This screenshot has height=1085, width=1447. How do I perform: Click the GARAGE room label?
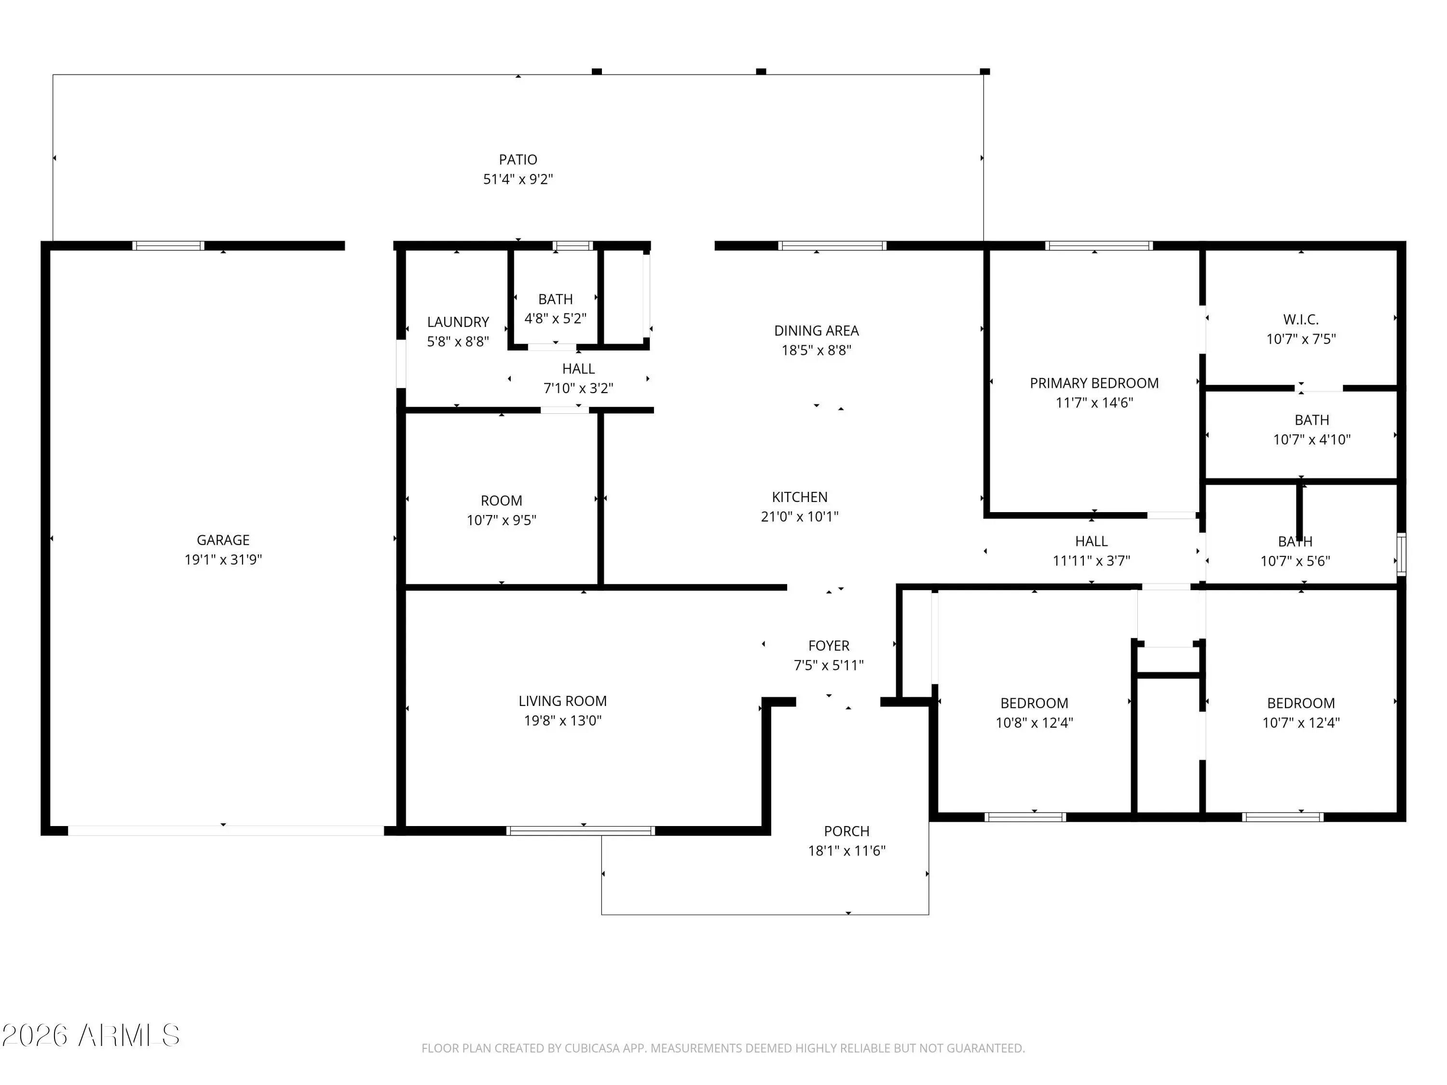point(223,540)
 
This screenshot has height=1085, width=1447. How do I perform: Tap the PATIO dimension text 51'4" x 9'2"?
point(518,179)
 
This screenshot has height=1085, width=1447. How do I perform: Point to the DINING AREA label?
point(817,331)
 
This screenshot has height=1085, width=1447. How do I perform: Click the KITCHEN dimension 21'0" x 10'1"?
point(799,516)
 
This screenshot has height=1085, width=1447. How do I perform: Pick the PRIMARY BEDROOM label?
point(1094,383)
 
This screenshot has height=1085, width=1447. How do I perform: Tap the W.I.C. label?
point(1300,320)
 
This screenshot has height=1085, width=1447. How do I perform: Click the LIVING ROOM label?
point(562,701)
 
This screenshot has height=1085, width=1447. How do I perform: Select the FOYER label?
point(829,646)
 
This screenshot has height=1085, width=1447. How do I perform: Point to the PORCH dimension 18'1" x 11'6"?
point(846,851)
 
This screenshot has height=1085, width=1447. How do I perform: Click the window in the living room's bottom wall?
point(581,830)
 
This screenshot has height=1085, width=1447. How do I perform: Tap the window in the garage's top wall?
point(168,246)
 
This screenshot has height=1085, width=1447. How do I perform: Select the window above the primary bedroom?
point(1098,246)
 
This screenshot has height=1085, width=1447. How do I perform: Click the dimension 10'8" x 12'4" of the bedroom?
point(1034,723)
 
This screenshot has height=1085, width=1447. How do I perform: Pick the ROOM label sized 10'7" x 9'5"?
point(501,501)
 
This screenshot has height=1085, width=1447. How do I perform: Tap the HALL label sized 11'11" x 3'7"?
point(1091,542)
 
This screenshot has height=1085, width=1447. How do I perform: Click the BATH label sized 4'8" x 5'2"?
point(555,299)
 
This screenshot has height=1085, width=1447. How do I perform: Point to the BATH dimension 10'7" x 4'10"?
point(1311,439)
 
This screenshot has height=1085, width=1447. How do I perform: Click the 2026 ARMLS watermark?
point(91,1035)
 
